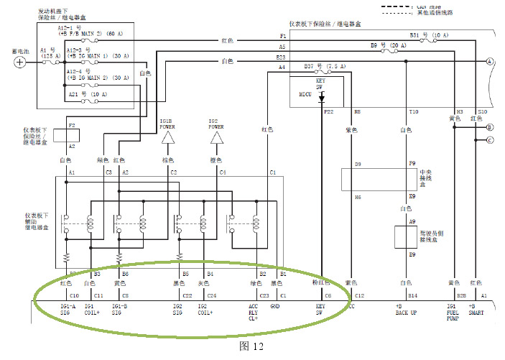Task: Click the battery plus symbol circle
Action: pos(21,62)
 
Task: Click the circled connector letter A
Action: pos(490,62)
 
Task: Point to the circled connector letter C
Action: pos(490,140)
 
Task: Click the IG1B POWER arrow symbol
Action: pos(168,137)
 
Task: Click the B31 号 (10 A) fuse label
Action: pos(429,35)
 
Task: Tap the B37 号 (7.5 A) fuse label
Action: pos(325,65)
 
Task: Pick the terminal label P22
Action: pos(329,112)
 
